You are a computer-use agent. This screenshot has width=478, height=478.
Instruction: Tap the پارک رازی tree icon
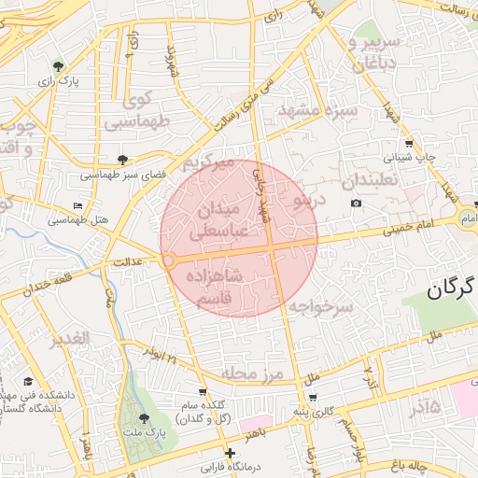pyautogui.click(x=60, y=66)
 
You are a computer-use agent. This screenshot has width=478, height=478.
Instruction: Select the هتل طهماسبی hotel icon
pyautogui.click(x=77, y=205)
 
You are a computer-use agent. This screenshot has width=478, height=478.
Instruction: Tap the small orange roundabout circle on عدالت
pyautogui.click(x=169, y=262)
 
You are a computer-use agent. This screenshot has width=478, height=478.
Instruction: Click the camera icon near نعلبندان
pyautogui.click(x=356, y=204)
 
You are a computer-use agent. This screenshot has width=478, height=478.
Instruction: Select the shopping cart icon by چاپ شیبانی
pyautogui.click(x=408, y=143)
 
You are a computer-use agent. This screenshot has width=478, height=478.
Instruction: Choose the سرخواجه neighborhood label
pyautogui.click(x=320, y=306)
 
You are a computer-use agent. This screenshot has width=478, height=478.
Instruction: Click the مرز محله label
pyautogui.click(x=251, y=373)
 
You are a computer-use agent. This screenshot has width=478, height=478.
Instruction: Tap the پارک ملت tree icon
pyautogui.click(x=144, y=419)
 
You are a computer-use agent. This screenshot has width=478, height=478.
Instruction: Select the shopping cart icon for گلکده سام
pyautogui.click(x=203, y=392)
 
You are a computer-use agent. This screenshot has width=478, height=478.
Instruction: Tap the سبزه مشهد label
pyautogui.click(x=318, y=111)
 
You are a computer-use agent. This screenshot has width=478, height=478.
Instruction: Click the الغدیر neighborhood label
pyautogui.click(x=69, y=337)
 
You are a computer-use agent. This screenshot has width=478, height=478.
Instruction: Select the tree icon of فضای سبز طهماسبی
pyautogui.click(x=122, y=160)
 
